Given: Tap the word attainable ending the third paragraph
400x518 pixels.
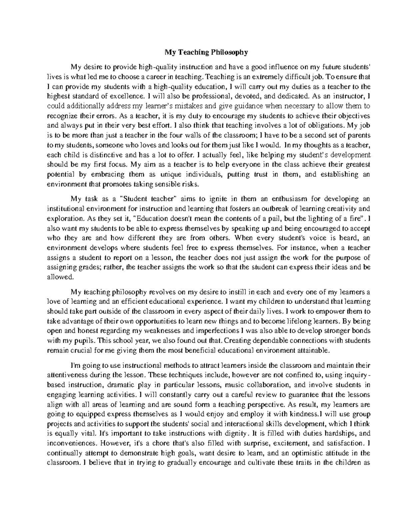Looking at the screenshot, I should coord(315,351).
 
